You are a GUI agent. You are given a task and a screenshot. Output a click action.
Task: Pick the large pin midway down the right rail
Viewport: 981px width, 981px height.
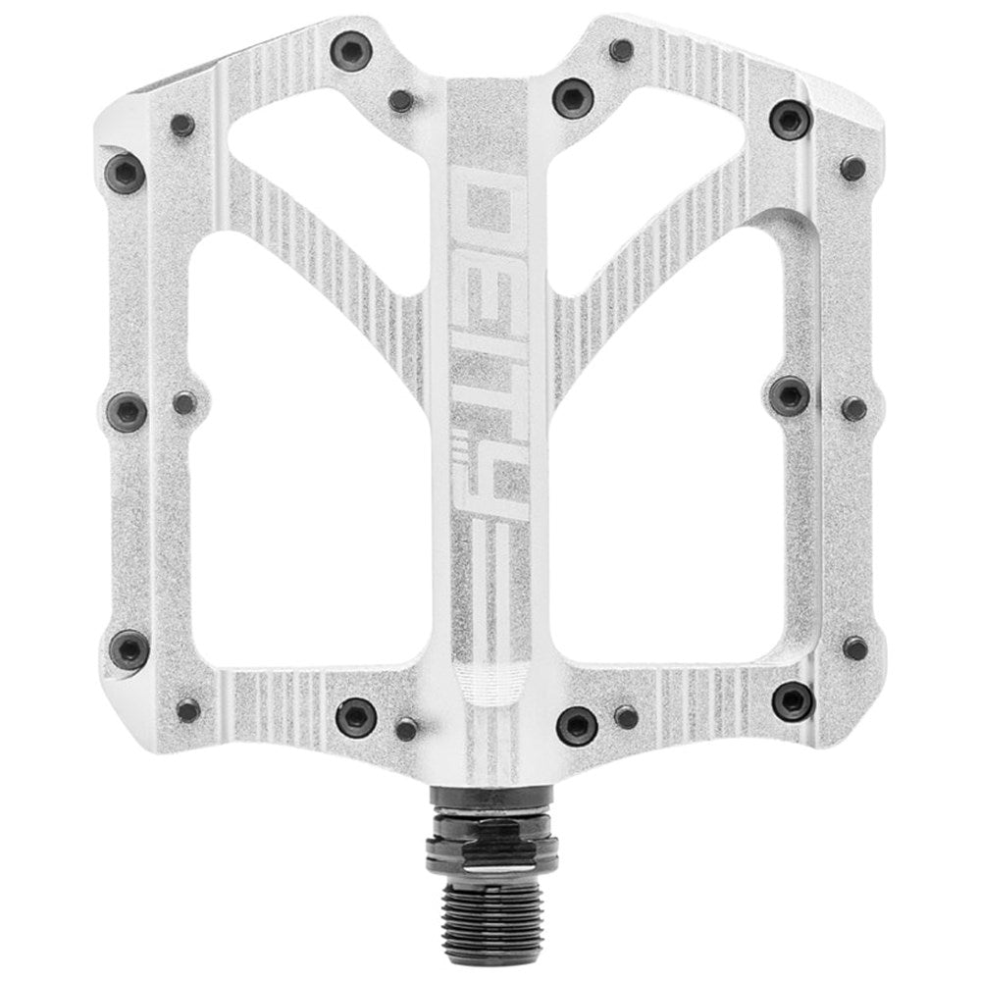[x=791, y=395]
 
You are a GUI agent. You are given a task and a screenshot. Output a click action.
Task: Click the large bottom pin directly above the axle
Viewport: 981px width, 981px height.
[x=575, y=726]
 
